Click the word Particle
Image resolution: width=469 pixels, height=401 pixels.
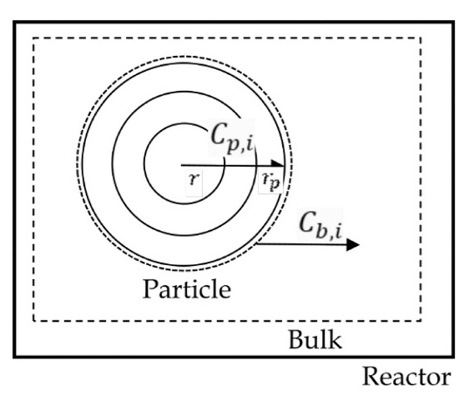pyautogui.click(x=187, y=289)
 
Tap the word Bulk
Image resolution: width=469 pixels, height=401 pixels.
pyautogui.click(x=315, y=339)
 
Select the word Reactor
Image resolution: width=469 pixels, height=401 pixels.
pyautogui.click(x=406, y=377)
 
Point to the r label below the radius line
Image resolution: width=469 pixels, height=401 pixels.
pyautogui.click(x=194, y=178)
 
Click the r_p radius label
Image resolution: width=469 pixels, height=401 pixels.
pyautogui.click(x=271, y=182)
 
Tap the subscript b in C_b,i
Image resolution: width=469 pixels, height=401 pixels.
pyautogui.click(x=322, y=231)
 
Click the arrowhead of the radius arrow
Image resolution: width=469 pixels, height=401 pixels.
pyautogui.click(x=278, y=163)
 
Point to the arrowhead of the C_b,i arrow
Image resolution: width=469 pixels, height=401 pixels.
pyautogui.click(x=353, y=245)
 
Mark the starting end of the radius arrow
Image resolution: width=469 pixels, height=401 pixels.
pyautogui.click(x=182, y=165)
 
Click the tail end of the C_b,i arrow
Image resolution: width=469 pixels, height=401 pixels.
pyautogui.click(x=257, y=244)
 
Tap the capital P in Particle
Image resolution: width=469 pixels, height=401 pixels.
pyautogui.click(x=150, y=288)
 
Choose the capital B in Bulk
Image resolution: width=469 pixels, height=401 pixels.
pyautogui.click(x=297, y=339)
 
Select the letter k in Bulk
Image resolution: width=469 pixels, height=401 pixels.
pyautogui.click(x=335, y=339)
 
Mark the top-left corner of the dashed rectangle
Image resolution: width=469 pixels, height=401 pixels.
pyautogui.click(x=33, y=38)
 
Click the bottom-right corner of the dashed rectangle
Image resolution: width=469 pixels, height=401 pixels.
pyautogui.click(x=421, y=321)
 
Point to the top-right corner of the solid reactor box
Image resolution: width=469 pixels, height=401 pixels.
pyautogui.click(x=453, y=22)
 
